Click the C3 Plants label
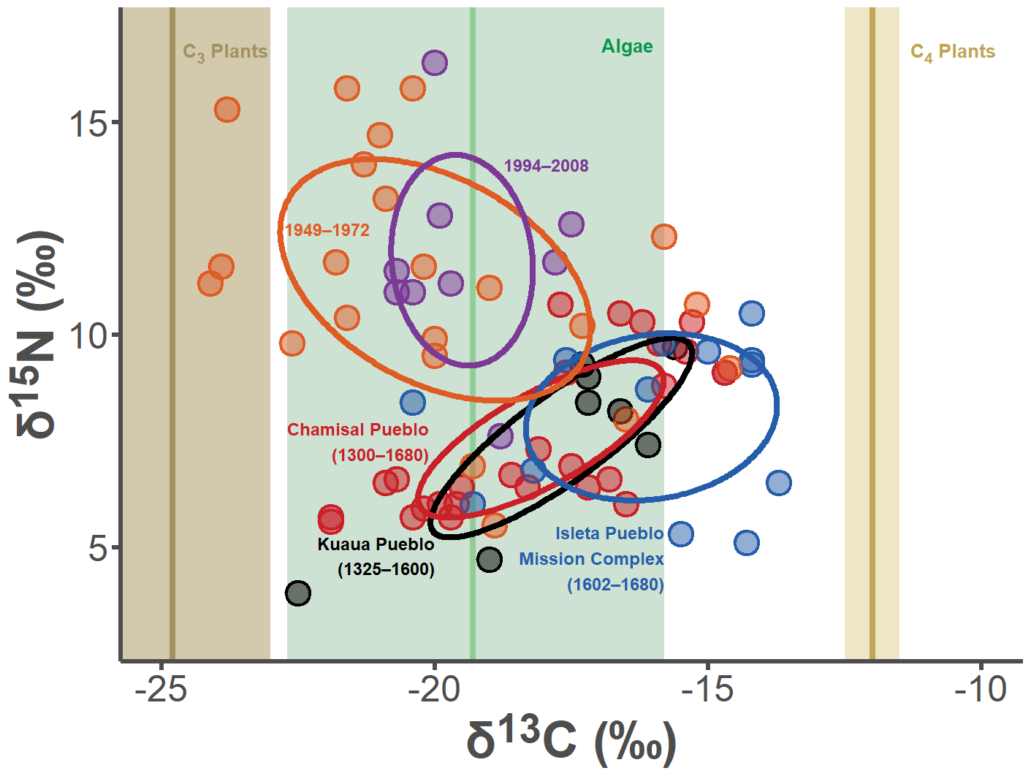coord(225,52)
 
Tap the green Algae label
coord(627,47)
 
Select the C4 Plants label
coord(952,52)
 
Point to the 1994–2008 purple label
coord(546,166)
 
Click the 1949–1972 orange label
coord(327,230)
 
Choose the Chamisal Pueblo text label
coord(357,430)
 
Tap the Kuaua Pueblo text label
coord(376,544)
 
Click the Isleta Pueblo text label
coord(609,533)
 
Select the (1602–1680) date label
coord(615,585)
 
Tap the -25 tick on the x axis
coord(161,689)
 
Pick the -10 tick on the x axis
coord(981,689)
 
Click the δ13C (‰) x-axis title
coord(571,739)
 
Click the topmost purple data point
coord(435,63)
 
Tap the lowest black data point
coord(297,593)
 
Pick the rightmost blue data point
coord(778,483)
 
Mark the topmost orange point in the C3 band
coord(227,110)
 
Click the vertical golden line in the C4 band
coord(872,329)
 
